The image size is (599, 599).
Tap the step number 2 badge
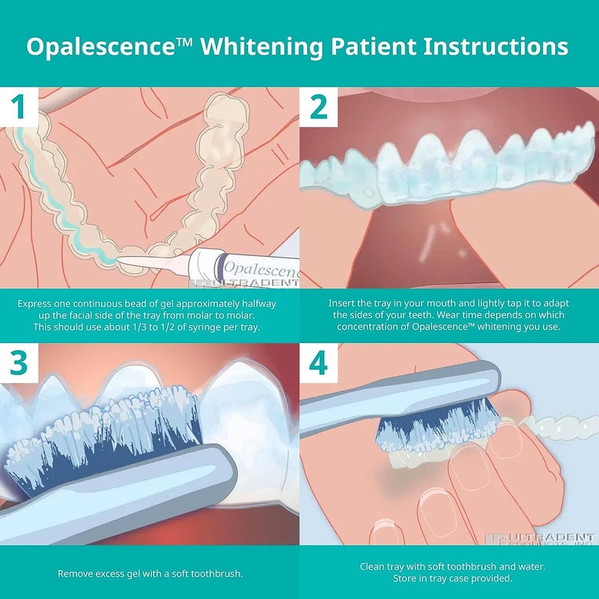319,107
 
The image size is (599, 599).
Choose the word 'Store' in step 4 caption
406,579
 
